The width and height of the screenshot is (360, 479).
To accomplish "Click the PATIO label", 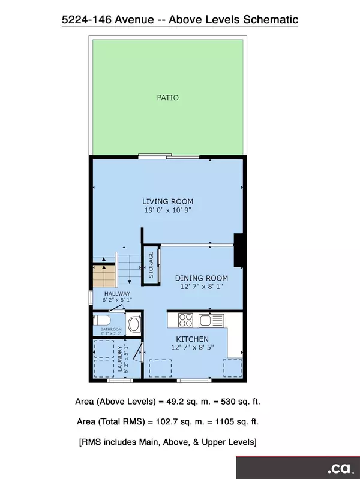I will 167,97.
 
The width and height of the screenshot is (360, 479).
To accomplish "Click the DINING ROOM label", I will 202,278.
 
